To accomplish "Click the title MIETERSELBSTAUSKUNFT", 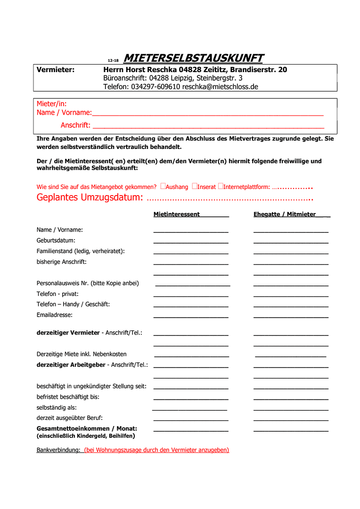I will [x=193, y=58].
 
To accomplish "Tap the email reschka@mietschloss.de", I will [x=220, y=87].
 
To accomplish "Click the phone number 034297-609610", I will [x=155, y=87].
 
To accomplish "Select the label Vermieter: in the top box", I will [x=56, y=70].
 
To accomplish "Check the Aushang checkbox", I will [x=163, y=186].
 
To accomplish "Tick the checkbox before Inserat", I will [x=194, y=186].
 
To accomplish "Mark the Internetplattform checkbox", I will [x=220, y=186].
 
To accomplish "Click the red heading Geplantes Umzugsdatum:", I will [x=90, y=197].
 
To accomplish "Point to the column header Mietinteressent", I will [x=177, y=214].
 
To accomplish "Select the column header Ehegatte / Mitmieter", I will [x=285, y=214].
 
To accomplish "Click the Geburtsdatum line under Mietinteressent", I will [x=191, y=242].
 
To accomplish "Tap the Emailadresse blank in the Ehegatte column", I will [x=291, y=317].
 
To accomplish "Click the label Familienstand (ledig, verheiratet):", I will [x=81, y=251].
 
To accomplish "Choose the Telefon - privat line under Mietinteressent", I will [x=191, y=296].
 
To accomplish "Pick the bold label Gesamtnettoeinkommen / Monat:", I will [x=87, y=428].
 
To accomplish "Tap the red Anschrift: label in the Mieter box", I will [x=75, y=125].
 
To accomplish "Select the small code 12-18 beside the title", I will [x=113, y=61].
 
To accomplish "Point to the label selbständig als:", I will [x=57, y=407].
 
